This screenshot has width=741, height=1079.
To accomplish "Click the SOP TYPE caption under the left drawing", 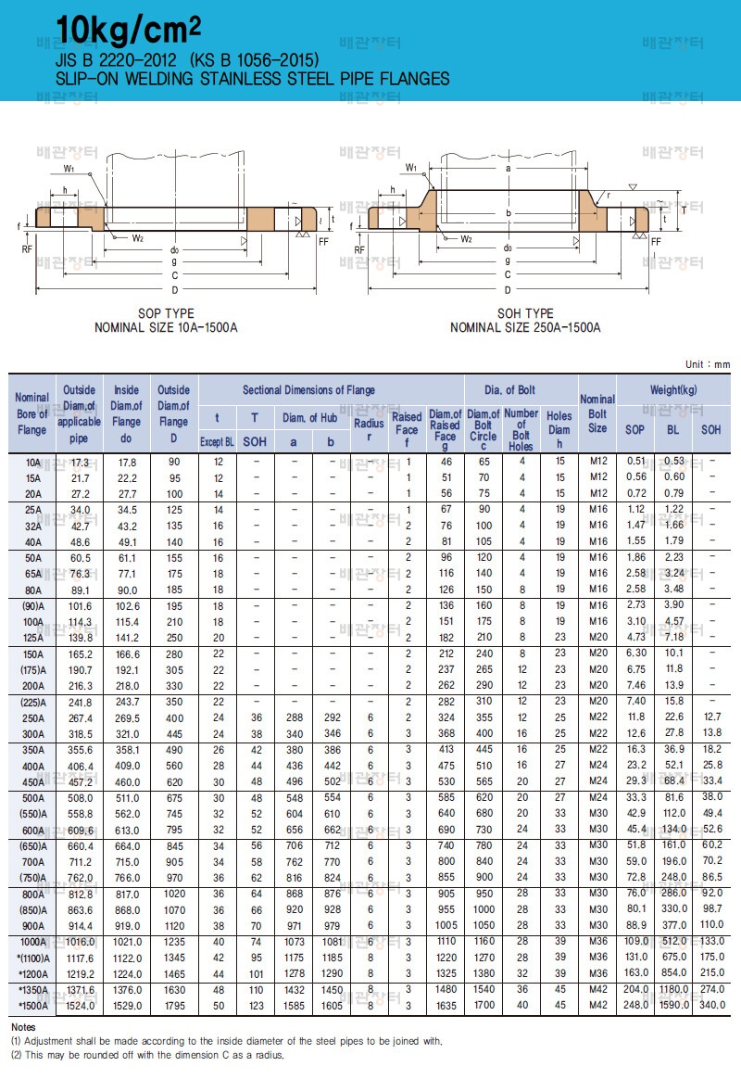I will point(166,313).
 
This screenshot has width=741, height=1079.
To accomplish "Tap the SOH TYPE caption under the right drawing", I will point(525,313).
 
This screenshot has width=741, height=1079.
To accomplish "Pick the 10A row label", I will point(32,461).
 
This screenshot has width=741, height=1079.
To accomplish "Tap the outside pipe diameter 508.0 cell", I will point(80,796).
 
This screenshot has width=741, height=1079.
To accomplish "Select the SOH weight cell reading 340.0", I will point(711,1005).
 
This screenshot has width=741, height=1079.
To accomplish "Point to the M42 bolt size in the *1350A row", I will point(597,990).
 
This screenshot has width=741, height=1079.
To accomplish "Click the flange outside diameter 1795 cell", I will point(172,1005).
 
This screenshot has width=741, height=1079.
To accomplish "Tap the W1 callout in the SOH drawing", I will point(411,167).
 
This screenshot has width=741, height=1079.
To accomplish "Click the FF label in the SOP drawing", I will point(322,241).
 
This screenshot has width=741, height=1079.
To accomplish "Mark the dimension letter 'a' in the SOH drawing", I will point(509,169).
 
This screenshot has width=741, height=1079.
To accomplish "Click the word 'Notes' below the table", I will point(22,1028).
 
